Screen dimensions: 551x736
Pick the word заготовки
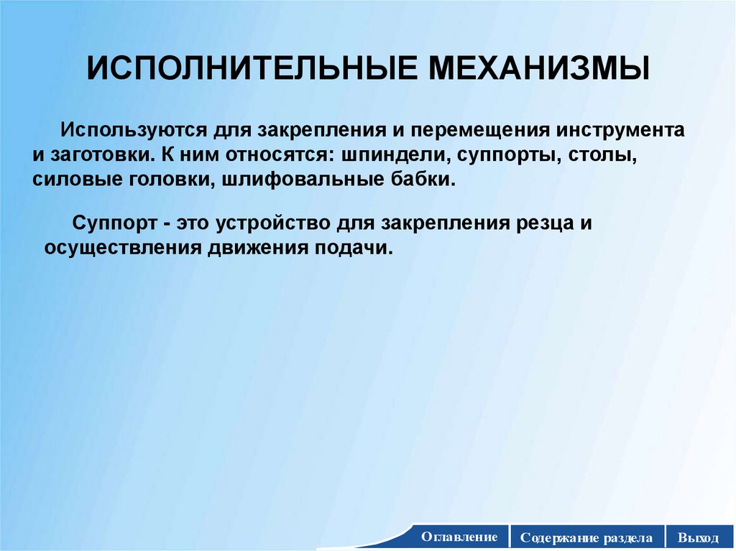95,155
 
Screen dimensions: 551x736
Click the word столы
602,155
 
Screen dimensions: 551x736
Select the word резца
534,223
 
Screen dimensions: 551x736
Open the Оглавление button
459,537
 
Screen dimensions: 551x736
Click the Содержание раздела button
587,537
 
